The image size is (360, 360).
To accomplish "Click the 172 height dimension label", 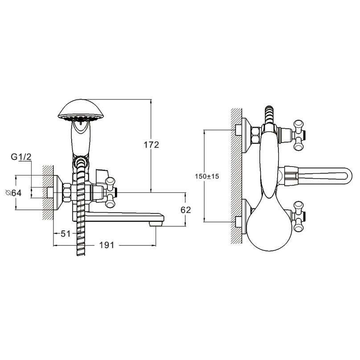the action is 151,145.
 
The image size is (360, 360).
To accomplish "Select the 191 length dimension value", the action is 106,245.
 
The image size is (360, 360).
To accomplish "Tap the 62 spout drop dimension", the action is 186,210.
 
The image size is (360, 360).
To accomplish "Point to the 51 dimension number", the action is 65,233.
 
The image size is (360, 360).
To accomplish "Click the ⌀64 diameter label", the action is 13,193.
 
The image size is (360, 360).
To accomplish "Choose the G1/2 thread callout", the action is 21,157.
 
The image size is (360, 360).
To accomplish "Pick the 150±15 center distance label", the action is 207,176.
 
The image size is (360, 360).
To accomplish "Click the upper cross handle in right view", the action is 299,135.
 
